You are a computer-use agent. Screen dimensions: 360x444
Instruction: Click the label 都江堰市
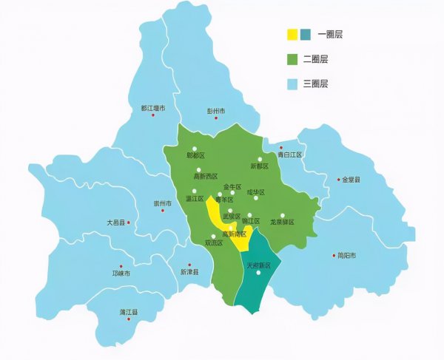tap(153, 109)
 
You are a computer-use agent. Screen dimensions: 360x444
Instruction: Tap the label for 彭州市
tap(215, 112)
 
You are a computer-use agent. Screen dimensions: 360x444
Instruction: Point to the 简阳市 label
tap(346, 256)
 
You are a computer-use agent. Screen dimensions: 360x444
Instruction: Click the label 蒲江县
tap(129, 313)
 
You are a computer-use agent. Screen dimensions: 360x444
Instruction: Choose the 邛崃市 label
tap(121, 274)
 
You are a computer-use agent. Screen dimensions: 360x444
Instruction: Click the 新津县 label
tap(190, 272)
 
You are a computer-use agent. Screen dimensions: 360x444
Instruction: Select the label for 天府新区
tap(259, 265)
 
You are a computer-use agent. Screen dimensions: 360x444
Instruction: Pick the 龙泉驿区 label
tap(282, 222)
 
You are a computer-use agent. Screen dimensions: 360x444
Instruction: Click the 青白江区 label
tap(291, 155)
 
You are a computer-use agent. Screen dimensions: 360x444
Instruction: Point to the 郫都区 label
tap(195, 156)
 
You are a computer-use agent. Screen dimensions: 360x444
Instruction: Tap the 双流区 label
tap(213, 243)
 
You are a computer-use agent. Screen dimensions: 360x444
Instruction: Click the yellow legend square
tap(292, 34)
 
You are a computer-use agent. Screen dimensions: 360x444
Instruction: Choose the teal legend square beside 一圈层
tap(305, 34)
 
